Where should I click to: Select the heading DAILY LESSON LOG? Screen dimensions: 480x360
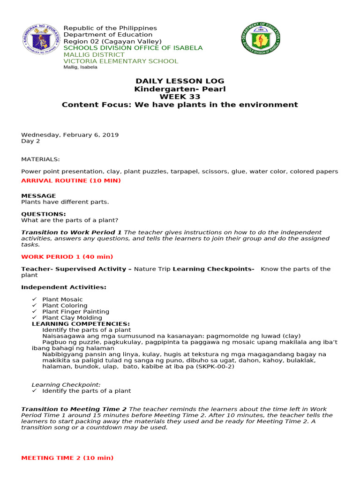tap(180, 81)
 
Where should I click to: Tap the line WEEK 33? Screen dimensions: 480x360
tap(180, 97)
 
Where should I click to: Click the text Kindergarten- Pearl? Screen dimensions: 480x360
tap(180, 89)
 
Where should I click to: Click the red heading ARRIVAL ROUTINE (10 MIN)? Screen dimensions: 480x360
tap(71, 180)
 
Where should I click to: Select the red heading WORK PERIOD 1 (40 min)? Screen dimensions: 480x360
tap(67, 256)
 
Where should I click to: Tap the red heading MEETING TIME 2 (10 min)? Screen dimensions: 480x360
tap(67, 457)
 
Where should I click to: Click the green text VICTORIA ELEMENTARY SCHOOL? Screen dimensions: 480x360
tap(120, 61)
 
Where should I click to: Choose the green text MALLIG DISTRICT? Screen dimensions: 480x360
tap(94, 54)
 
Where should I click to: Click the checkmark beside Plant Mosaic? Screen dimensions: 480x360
tap(34, 299)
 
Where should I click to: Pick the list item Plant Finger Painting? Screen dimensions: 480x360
tap(75, 311)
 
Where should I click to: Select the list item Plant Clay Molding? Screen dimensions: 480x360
tap(72, 317)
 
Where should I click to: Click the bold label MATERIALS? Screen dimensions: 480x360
tap(40, 159)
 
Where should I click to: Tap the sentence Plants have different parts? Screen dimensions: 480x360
tap(65, 202)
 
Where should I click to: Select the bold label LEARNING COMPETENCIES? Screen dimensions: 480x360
tap(81, 323)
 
